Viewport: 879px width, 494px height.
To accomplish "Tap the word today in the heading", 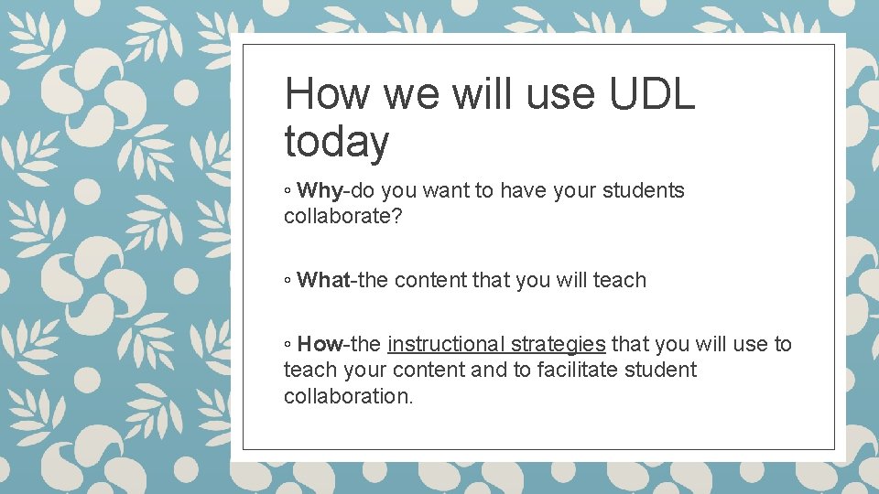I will (336, 143).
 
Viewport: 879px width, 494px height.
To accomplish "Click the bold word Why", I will (320, 190).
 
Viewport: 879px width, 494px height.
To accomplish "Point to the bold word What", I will (324, 280).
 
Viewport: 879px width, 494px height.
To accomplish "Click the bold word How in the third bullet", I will (320, 344).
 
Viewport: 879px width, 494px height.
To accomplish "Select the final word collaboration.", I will (349, 395).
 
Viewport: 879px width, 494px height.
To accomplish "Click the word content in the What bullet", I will (429, 280).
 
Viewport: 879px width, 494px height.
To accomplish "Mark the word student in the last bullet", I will (664, 370).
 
